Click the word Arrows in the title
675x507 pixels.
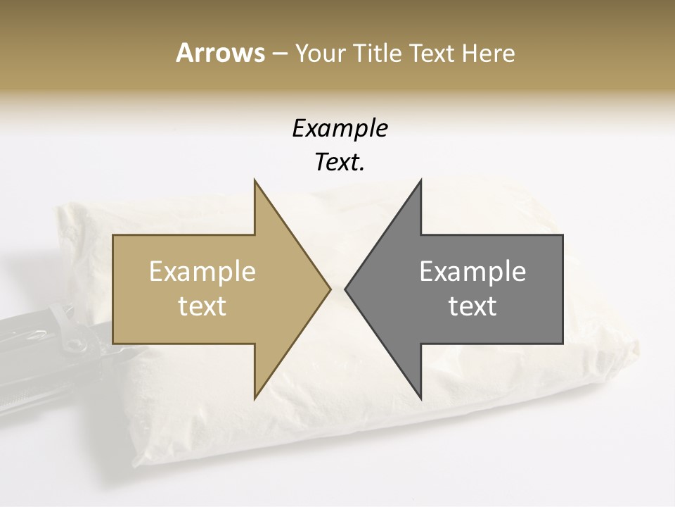220,53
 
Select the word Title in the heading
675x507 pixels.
378,54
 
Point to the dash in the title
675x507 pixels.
279,54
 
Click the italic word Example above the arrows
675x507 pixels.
340,129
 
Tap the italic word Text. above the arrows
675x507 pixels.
340,163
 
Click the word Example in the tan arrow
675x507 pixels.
202,272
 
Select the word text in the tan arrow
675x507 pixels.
202,306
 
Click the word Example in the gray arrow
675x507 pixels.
472,272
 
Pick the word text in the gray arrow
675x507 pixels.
472,306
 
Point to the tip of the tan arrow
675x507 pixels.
330,289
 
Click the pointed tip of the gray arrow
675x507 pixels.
345,289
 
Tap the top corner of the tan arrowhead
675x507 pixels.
255,180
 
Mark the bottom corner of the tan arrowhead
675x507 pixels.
255,399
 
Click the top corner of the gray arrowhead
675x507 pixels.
420,180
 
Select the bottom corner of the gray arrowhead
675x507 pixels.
420,399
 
